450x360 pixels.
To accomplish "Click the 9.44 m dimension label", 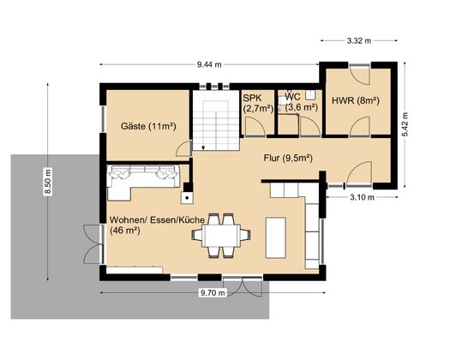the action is point(209,64).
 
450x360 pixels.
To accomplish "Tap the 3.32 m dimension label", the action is point(359,41).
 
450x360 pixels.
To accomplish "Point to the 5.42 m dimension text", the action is point(405,124).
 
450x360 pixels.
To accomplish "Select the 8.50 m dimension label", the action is point(48,182).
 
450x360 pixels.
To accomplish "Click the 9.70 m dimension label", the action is point(213,293).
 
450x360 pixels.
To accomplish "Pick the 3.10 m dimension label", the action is point(362,197).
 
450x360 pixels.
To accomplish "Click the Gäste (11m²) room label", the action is point(148,126).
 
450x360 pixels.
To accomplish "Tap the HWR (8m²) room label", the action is point(356,101).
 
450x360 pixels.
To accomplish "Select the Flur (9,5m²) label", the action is point(288,159).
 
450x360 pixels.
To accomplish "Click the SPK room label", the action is point(253,98).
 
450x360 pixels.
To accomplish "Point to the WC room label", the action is point(293,97).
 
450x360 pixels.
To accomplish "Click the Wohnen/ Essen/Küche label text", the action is point(157,220).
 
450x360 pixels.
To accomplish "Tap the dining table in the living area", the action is point(221,236).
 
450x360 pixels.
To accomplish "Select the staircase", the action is point(216,125).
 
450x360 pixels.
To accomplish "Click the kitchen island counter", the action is point(275,237).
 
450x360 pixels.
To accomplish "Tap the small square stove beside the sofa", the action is point(187,198).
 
